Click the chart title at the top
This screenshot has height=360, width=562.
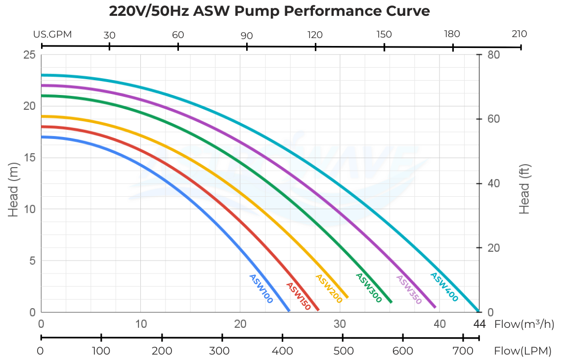coord(269,11)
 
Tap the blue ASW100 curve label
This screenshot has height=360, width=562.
coord(261,289)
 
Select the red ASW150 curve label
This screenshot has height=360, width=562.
coord(298,296)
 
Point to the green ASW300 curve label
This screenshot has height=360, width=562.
coord(368,288)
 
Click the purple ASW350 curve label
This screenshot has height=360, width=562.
coord(409,289)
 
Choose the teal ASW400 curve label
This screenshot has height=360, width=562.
coord(444,287)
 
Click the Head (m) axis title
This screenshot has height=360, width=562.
coord(13,190)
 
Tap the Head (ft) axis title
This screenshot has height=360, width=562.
coord(524,189)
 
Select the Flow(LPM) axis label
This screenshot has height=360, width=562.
coord(523,351)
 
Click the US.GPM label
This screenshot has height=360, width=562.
coord(53,35)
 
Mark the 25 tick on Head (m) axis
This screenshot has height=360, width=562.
coord(29,55)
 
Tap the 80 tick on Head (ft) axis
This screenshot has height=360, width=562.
coord(494,55)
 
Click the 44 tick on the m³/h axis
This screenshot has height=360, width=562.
coord(479,324)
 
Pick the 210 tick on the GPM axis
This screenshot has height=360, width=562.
coord(519,34)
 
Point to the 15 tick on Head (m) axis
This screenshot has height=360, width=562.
coord(30,158)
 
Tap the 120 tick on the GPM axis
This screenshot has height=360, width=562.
coord(315,35)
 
